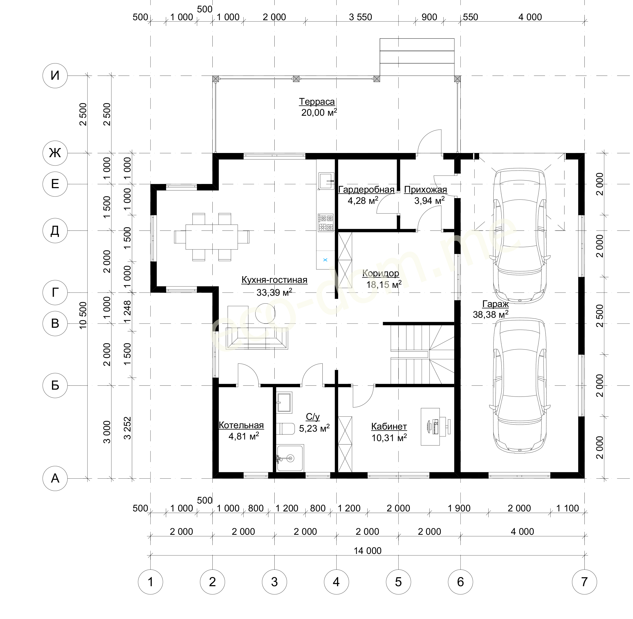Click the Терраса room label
pyautogui.click(x=317, y=102)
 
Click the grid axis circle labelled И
pyautogui.click(x=55, y=76)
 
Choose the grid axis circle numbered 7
pyautogui.click(x=584, y=582)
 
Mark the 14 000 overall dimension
pyautogui.click(x=368, y=551)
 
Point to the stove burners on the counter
pyautogui.click(x=326, y=222)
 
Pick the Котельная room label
pyautogui.click(x=241, y=425)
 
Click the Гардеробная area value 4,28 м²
pyautogui.click(x=363, y=200)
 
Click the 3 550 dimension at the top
pyautogui.click(x=360, y=17)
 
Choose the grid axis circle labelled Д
pyautogui.click(x=55, y=231)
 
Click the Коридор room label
pyautogui.click(x=381, y=273)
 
